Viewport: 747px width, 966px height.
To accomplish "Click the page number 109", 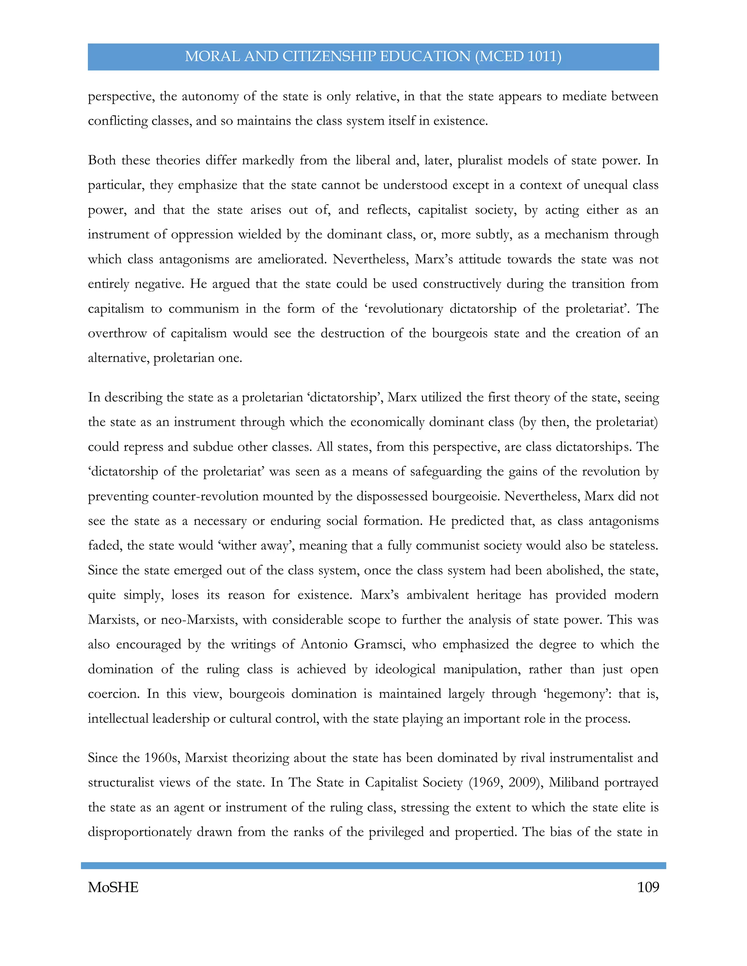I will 648,887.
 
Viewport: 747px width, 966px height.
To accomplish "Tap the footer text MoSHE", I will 113,887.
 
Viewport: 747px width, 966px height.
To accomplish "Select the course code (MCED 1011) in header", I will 518,57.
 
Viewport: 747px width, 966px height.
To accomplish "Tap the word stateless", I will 633,545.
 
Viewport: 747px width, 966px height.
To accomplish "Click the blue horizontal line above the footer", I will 373,865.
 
